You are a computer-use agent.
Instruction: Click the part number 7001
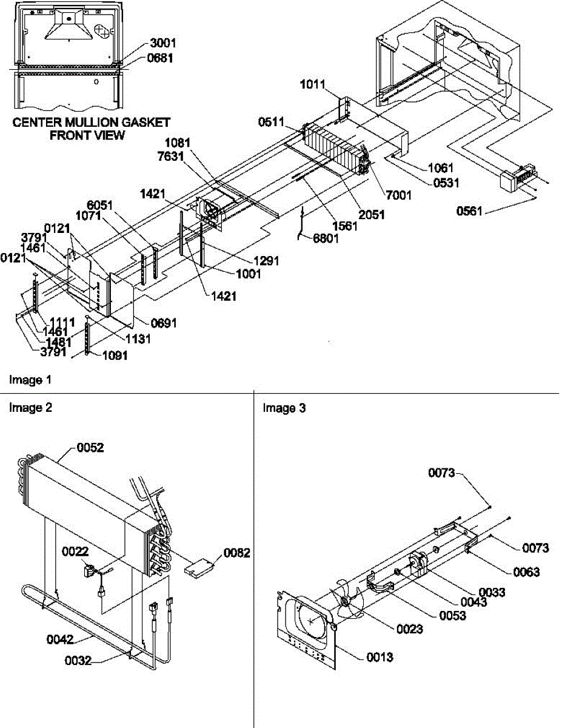(x=398, y=195)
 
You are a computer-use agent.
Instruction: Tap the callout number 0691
(x=164, y=323)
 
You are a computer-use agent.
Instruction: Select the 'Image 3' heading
(x=284, y=408)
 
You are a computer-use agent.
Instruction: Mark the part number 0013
(x=379, y=657)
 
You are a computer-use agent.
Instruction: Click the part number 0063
(x=526, y=572)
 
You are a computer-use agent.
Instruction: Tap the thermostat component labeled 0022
(x=90, y=571)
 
